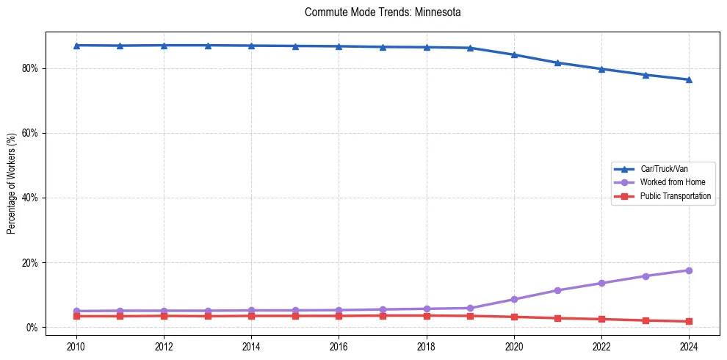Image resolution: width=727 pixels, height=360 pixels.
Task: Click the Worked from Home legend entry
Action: pyautogui.click(x=669, y=182)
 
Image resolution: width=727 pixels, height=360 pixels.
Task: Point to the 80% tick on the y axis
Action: pyautogui.click(x=31, y=68)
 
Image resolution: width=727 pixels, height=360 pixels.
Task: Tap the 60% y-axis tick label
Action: pyautogui.click(x=31, y=133)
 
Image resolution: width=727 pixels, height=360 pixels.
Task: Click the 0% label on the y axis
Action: pyautogui.click(x=33, y=327)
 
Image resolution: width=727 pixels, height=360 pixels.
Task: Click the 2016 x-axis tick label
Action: pyautogui.click(x=339, y=345)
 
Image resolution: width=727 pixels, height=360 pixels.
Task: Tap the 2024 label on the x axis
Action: pyautogui.click(x=689, y=345)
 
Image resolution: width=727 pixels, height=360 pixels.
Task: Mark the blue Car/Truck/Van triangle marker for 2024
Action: pyautogui.click(x=689, y=79)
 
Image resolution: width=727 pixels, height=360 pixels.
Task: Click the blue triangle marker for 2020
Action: pyautogui.click(x=514, y=54)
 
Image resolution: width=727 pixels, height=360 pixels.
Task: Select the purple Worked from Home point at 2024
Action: pyautogui.click(x=689, y=270)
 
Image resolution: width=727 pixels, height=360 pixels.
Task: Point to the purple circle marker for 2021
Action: pyautogui.click(x=557, y=290)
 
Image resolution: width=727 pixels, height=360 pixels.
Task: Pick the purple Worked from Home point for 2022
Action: pyautogui.click(x=601, y=283)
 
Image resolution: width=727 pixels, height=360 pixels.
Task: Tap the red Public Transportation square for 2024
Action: pyautogui.click(x=689, y=321)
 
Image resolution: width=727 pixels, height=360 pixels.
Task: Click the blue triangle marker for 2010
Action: pyautogui.click(x=76, y=46)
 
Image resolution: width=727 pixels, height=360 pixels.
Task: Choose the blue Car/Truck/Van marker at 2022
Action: pyautogui.click(x=601, y=69)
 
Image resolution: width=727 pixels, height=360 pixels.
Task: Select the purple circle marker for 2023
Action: pyautogui.click(x=645, y=276)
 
